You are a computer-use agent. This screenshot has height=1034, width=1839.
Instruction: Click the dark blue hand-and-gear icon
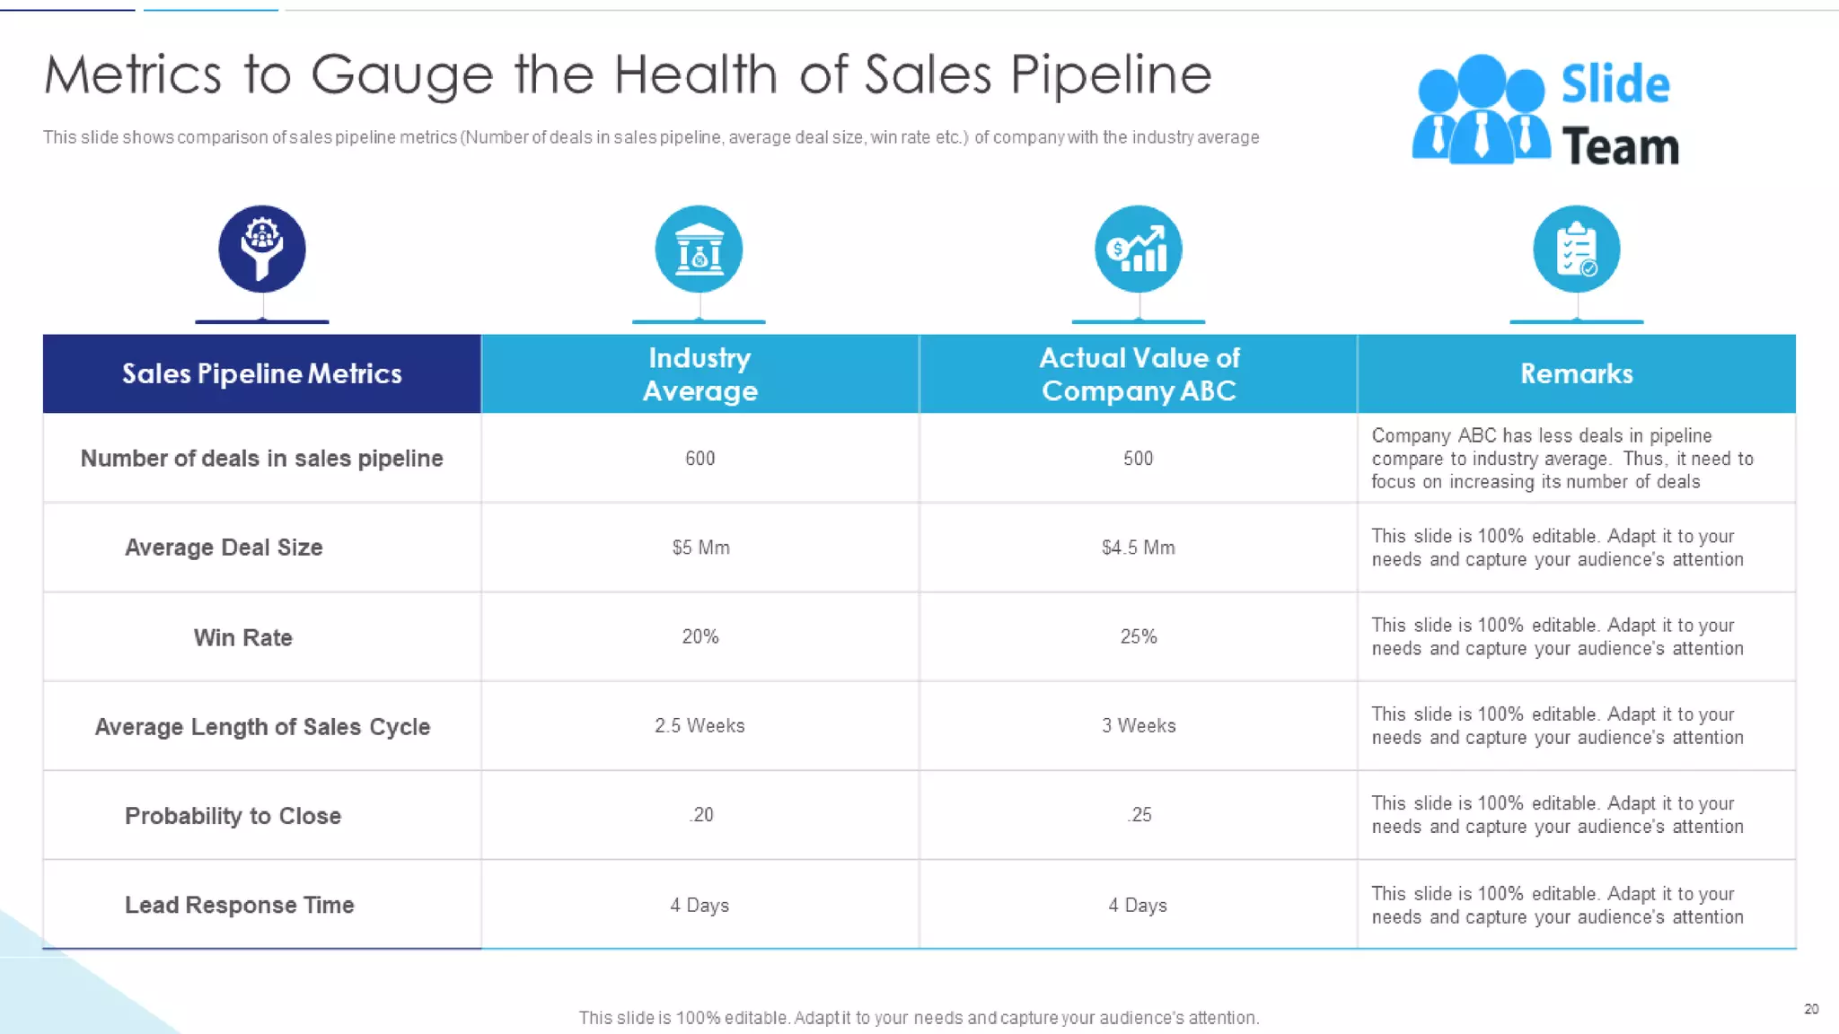point(262,249)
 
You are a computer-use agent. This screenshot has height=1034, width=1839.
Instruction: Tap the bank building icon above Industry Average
point(699,249)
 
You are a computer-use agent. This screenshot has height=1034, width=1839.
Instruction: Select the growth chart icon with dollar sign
point(1138,249)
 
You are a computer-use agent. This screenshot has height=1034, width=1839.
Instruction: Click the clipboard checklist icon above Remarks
point(1576,249)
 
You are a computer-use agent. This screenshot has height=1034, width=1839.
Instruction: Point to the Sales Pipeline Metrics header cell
point(261,373)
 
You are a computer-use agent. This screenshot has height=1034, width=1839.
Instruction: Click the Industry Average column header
point(700,373)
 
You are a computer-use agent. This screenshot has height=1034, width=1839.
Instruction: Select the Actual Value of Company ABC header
point(1139,373)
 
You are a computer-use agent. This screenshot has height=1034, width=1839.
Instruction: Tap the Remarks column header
point(1576,373)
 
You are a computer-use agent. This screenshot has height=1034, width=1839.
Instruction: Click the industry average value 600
point(700,458)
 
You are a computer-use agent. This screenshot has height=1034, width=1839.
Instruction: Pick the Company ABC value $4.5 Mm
point(1138,548)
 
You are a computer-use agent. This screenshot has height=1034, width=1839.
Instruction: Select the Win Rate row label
point(242,637)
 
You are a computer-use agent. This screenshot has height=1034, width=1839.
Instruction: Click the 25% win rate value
point(1138,636)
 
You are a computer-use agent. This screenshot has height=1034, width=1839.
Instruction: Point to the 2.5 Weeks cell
point(700,725)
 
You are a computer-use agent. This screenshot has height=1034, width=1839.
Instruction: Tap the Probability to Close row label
point(233,816)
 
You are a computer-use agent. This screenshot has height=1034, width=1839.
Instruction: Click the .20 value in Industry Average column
point(701,814)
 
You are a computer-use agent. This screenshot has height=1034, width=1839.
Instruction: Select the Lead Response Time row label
point(239,905)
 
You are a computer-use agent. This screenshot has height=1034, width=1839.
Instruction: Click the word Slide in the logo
point(1615,84)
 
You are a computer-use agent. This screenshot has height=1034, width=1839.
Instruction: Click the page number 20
point(1811,1009)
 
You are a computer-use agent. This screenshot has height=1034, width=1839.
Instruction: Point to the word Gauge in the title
point(402,75)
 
